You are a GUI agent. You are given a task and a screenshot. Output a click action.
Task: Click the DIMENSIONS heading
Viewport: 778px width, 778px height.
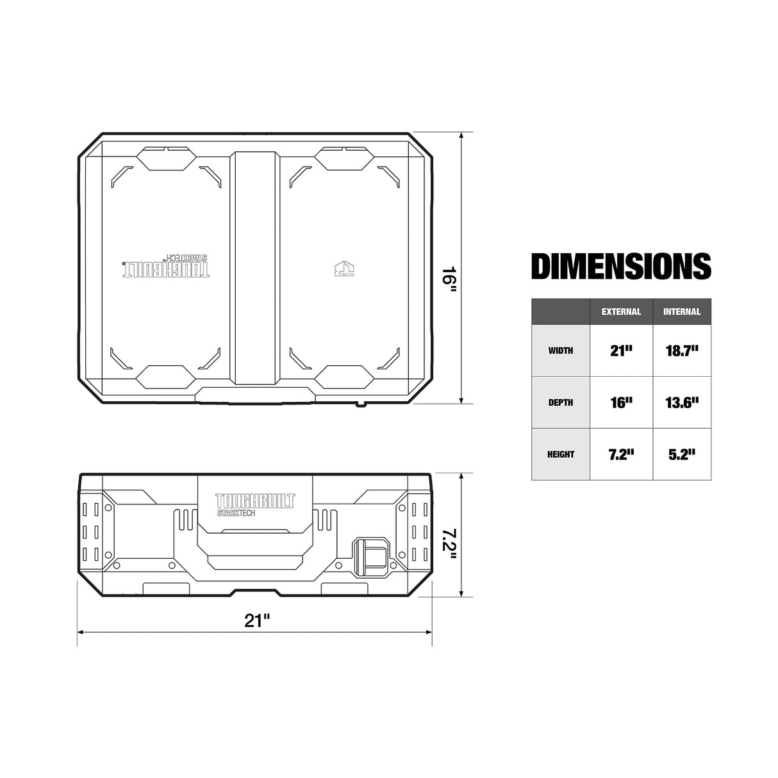621,267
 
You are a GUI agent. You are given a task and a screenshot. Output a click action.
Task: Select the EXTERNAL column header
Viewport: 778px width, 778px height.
621,312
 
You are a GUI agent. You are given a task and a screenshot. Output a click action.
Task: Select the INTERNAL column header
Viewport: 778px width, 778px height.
682,312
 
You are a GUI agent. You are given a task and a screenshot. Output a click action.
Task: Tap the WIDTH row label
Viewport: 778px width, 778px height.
560,351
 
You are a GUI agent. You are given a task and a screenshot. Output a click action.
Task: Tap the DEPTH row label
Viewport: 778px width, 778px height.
560,402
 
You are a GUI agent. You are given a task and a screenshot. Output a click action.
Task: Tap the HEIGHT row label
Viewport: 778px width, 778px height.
560,454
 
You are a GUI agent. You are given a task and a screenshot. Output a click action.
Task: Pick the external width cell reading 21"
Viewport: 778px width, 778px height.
621,351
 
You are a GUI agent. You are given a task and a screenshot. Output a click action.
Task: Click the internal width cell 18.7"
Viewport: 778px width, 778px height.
682,351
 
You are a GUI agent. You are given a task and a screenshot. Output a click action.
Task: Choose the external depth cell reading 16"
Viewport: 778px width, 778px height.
621,402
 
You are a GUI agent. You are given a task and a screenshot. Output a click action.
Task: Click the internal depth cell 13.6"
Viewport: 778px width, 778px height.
682,402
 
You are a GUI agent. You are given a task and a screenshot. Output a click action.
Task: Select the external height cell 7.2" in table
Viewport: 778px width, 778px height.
621,454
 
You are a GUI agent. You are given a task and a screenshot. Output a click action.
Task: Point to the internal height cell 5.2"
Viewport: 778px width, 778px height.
682,454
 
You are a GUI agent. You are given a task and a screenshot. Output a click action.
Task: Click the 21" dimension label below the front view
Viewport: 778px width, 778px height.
256,620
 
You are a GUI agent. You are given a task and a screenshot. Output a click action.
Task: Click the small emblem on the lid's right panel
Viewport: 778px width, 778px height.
344,267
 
